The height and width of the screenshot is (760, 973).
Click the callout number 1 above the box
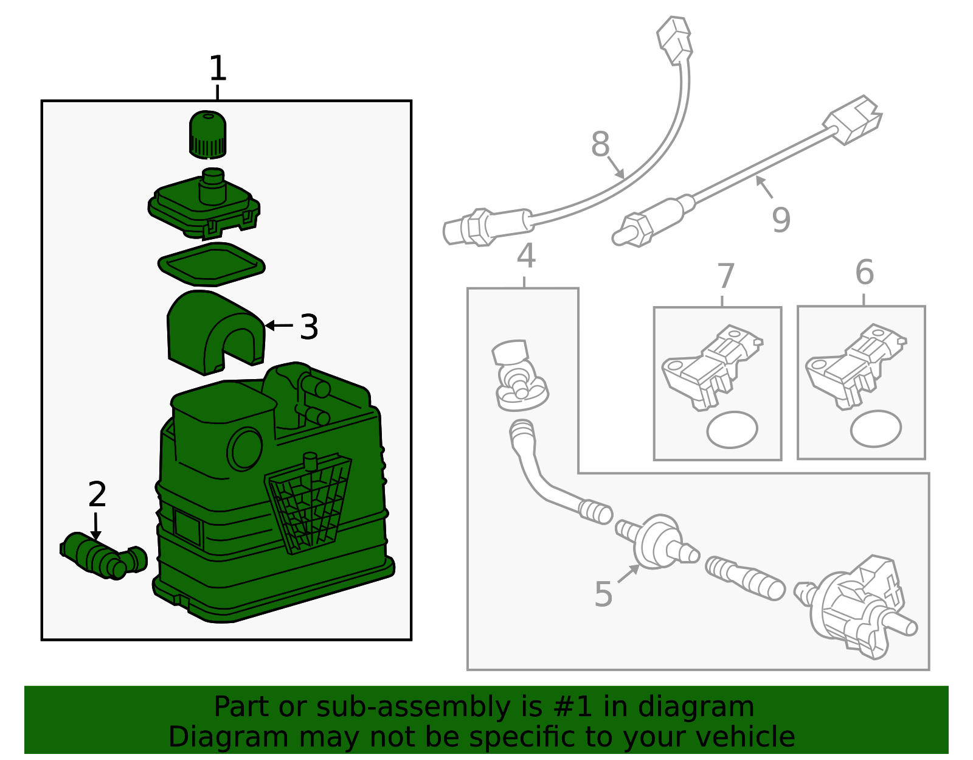click(218, 69)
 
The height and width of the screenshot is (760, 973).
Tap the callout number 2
click(97, 495)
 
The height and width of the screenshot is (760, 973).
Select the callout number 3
click(309, 327)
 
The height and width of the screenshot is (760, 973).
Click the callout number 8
click(600, 144)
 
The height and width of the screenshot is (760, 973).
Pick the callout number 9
click(781, 220)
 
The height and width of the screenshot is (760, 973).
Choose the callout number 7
click(726, 276)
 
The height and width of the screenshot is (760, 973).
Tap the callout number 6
click(864, 272)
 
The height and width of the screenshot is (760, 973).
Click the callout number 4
click(526, 256)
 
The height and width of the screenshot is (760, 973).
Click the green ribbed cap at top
click(208, 134)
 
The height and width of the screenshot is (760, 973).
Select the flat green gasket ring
click(212, 264)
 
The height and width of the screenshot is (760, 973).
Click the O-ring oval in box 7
click(732, 430)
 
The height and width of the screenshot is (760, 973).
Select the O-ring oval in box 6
click(876, 428)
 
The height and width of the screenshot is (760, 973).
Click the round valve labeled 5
click(656, 543)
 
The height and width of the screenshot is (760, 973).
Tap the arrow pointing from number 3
click(279, 326)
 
